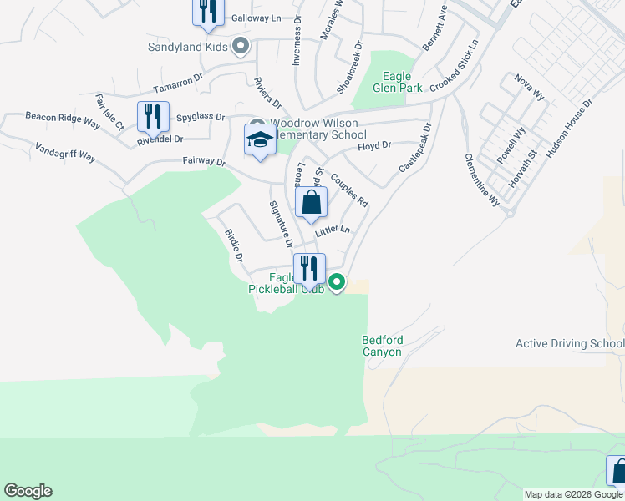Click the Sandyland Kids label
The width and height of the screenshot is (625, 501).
[187, 47]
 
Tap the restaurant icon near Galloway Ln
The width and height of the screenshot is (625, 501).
[206, 11]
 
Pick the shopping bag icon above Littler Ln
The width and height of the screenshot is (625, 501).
[311, 202]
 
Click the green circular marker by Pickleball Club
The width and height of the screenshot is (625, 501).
[337, 283]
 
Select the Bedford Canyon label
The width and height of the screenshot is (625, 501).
[383, 346]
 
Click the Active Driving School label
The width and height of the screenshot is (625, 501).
[570, 343]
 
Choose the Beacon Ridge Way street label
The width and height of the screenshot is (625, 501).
[63, 120]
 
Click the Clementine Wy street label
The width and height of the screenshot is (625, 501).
[482, 180]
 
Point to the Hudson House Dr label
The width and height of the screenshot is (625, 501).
[569, 128]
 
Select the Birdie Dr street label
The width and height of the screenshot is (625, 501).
[234, 246]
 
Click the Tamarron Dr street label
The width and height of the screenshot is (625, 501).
[178, 83]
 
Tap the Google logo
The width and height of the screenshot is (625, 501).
[28, 491]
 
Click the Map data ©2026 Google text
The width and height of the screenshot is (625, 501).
[572, 494]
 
